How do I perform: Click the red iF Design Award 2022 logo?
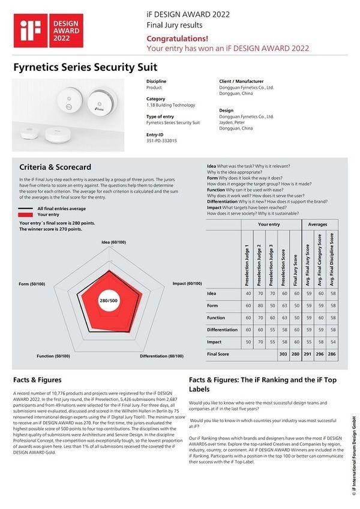tap(38, 28)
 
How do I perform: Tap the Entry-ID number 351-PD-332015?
tap(161, 140)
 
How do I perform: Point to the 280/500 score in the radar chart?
tap(109, 300)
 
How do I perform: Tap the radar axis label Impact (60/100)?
tap(187, 283)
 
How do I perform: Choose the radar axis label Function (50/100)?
tap(53, 356)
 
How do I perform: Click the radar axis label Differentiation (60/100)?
tap(161, 356)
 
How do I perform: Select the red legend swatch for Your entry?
tap(25, 214)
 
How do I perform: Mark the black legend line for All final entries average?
tap(25, 208)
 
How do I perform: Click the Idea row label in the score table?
tap(211, 294)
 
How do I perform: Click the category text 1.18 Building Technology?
tap(170, 105)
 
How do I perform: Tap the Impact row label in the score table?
tap(214, 342)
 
